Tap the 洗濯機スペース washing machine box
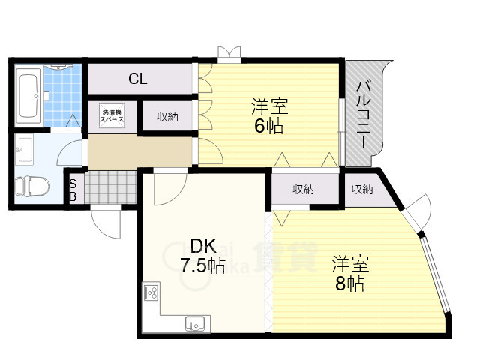113,116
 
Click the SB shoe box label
73,190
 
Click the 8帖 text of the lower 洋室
350,284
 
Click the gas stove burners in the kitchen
150,292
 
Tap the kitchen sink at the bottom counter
196,324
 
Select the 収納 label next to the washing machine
167,116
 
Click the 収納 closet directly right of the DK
303,189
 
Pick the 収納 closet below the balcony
361,189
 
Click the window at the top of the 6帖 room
230,54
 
